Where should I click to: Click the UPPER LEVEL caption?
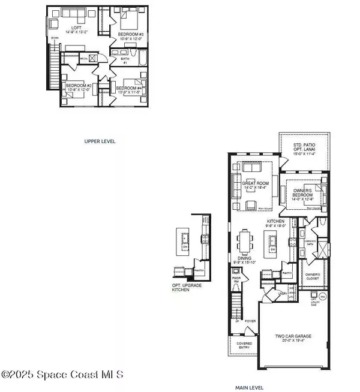point(100,141)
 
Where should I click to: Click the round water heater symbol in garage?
point(322,297)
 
